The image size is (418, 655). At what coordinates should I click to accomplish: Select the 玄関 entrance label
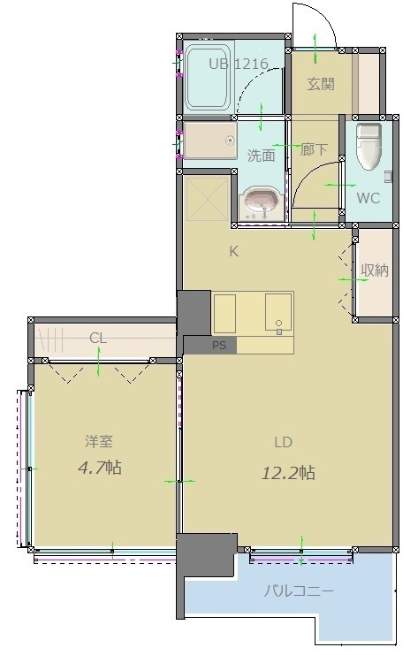tap(320, 84)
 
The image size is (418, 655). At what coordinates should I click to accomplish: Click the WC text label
tap(368, 198)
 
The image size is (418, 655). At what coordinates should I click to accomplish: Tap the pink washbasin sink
tap(261, 203)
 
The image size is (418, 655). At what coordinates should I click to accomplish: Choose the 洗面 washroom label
tap(261, 155)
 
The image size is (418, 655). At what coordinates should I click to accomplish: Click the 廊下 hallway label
tap(314, 150)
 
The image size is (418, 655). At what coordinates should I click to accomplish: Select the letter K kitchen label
tap(233, 251)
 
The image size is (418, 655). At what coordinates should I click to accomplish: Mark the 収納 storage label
tap(375, 270)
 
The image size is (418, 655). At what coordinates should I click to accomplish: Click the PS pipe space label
tap(218, 346)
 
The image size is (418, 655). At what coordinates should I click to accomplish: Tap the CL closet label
tap(98, 337)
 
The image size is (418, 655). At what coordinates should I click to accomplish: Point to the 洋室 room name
tap(98, 441)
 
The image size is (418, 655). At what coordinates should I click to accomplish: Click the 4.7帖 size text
tap(98, 468)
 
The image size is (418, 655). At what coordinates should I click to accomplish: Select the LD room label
tap(283, 442)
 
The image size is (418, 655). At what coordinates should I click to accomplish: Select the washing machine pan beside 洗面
tap(210, 141)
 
